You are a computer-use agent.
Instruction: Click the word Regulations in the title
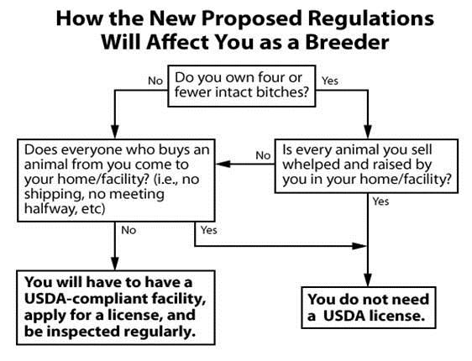point(370,19)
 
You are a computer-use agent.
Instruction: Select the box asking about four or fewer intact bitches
point(241,86)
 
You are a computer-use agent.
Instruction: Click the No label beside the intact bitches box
point(155,81)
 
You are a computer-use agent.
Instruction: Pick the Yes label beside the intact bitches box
point(330,81)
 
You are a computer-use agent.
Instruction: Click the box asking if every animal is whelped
point(366,165)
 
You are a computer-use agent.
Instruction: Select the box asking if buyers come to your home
point(116,180)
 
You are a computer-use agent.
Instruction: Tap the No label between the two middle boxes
point(263,155)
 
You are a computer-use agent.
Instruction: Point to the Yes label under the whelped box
point(380,201)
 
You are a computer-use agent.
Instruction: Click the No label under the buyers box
point(128,230)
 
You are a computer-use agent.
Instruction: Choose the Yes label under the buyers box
point(209,230)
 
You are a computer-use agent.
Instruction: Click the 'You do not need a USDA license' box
point(369,307)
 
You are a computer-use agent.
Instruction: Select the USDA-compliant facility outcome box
point(116,307)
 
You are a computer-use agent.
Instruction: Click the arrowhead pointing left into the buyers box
point(223,164)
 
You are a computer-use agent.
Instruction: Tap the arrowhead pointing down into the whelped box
point(368,131)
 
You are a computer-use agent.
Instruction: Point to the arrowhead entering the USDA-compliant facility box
point(115,263)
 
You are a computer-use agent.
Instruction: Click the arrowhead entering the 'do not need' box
point(368,280)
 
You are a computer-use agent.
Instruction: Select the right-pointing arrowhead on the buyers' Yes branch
point(359,246)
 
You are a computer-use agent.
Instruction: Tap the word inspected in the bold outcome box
point(83,332)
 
